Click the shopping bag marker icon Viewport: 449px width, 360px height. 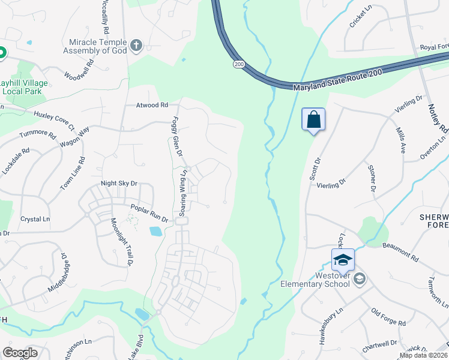313,119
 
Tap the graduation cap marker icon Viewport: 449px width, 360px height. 343,259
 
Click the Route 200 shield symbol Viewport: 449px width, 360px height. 239,64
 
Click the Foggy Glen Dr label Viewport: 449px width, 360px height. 177,136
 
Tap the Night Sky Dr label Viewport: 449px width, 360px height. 119,184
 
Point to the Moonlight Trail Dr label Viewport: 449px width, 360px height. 121,241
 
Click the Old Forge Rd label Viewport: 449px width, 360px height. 388,317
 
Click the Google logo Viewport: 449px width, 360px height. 20,352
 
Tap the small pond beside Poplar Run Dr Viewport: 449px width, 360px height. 155,231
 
